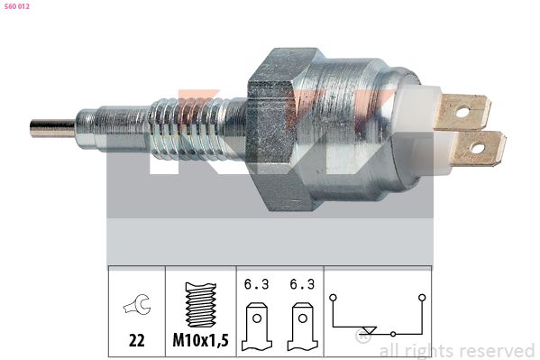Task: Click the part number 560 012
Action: pyautogui.click(x=17, y=6)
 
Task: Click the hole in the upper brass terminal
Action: pyautogui.click(x=462, y=112)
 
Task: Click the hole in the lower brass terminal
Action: pyautogui.click(x=477, y=148)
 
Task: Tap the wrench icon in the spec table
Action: pyautogui.click(x=137, y=304)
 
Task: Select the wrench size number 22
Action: pyautogui.click(x=137, y=341)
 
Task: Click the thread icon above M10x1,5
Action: pyautogui.click(x=201, y=305)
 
